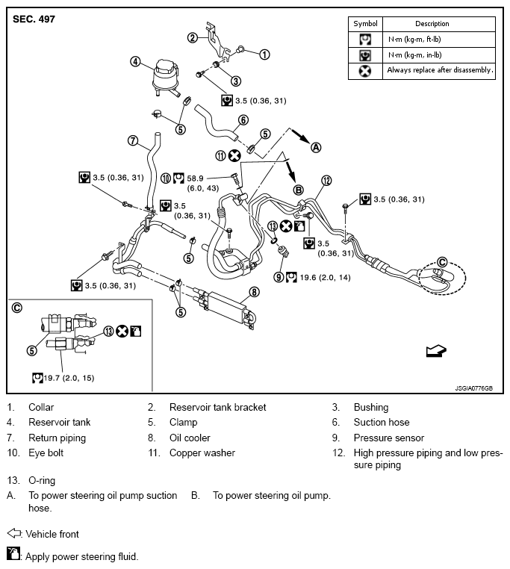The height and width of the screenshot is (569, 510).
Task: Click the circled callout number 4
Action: point(135,62)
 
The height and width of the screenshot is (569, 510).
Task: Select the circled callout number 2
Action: point(193,37)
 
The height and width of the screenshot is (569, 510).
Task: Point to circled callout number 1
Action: point(264,54)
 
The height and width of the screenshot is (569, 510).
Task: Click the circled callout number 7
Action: point(131,140)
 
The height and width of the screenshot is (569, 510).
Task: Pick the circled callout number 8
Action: point(254,292)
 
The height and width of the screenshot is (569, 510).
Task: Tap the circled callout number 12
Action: point(326,180)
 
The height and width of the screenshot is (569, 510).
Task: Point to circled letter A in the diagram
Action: point(316,148)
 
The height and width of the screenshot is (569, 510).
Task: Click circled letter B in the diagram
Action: point(298,190)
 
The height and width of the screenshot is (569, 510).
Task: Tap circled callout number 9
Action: point(279,276)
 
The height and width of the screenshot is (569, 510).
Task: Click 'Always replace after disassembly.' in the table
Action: point(440,71)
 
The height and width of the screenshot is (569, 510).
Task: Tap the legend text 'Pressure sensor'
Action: point(388,438)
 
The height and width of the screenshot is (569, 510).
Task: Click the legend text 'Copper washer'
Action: point(202,453)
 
